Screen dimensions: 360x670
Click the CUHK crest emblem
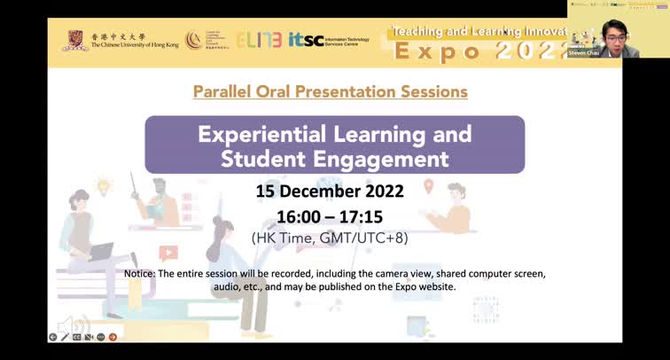point(75,40)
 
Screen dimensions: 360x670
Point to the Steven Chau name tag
point(582,53)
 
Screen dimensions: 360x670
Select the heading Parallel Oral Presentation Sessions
point(330,91)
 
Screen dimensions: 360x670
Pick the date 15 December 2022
point(330,192)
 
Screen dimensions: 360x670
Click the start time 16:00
point(299,215)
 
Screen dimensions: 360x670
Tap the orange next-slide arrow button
point(113,337)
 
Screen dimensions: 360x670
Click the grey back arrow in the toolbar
point(52,337)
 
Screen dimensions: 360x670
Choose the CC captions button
point(77,337)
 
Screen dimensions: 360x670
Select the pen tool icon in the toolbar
point(65,337)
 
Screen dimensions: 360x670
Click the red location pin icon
point(428,186)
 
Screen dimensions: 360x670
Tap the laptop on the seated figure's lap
point(100,252)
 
